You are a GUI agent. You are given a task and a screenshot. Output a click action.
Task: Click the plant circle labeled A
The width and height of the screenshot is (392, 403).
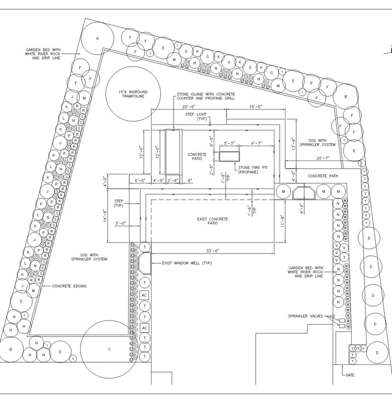point(97,39)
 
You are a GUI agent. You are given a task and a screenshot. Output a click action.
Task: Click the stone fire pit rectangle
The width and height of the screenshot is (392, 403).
point(231,156)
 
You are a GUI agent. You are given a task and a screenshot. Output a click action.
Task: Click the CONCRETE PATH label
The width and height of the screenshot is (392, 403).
point(324,176)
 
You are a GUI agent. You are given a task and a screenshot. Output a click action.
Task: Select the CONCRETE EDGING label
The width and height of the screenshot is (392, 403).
point(69,286)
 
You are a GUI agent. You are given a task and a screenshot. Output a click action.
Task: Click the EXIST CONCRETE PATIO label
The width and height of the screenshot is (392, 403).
point(212,221)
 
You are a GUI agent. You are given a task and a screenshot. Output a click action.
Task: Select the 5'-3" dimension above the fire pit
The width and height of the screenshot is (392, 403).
point(230,143)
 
